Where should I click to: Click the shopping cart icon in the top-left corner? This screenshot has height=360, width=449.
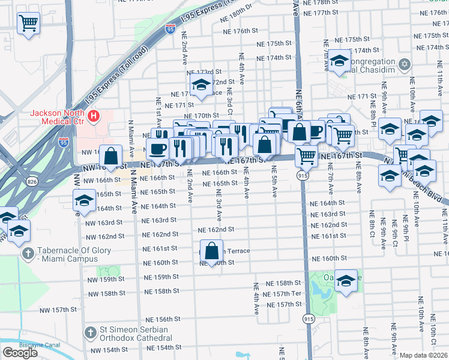click(28, 24)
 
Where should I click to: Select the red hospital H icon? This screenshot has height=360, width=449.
click(93, 115)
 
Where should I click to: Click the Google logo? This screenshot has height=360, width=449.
click(20, 353)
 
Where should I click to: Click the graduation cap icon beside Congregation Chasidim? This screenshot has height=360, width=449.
click(340, 61)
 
